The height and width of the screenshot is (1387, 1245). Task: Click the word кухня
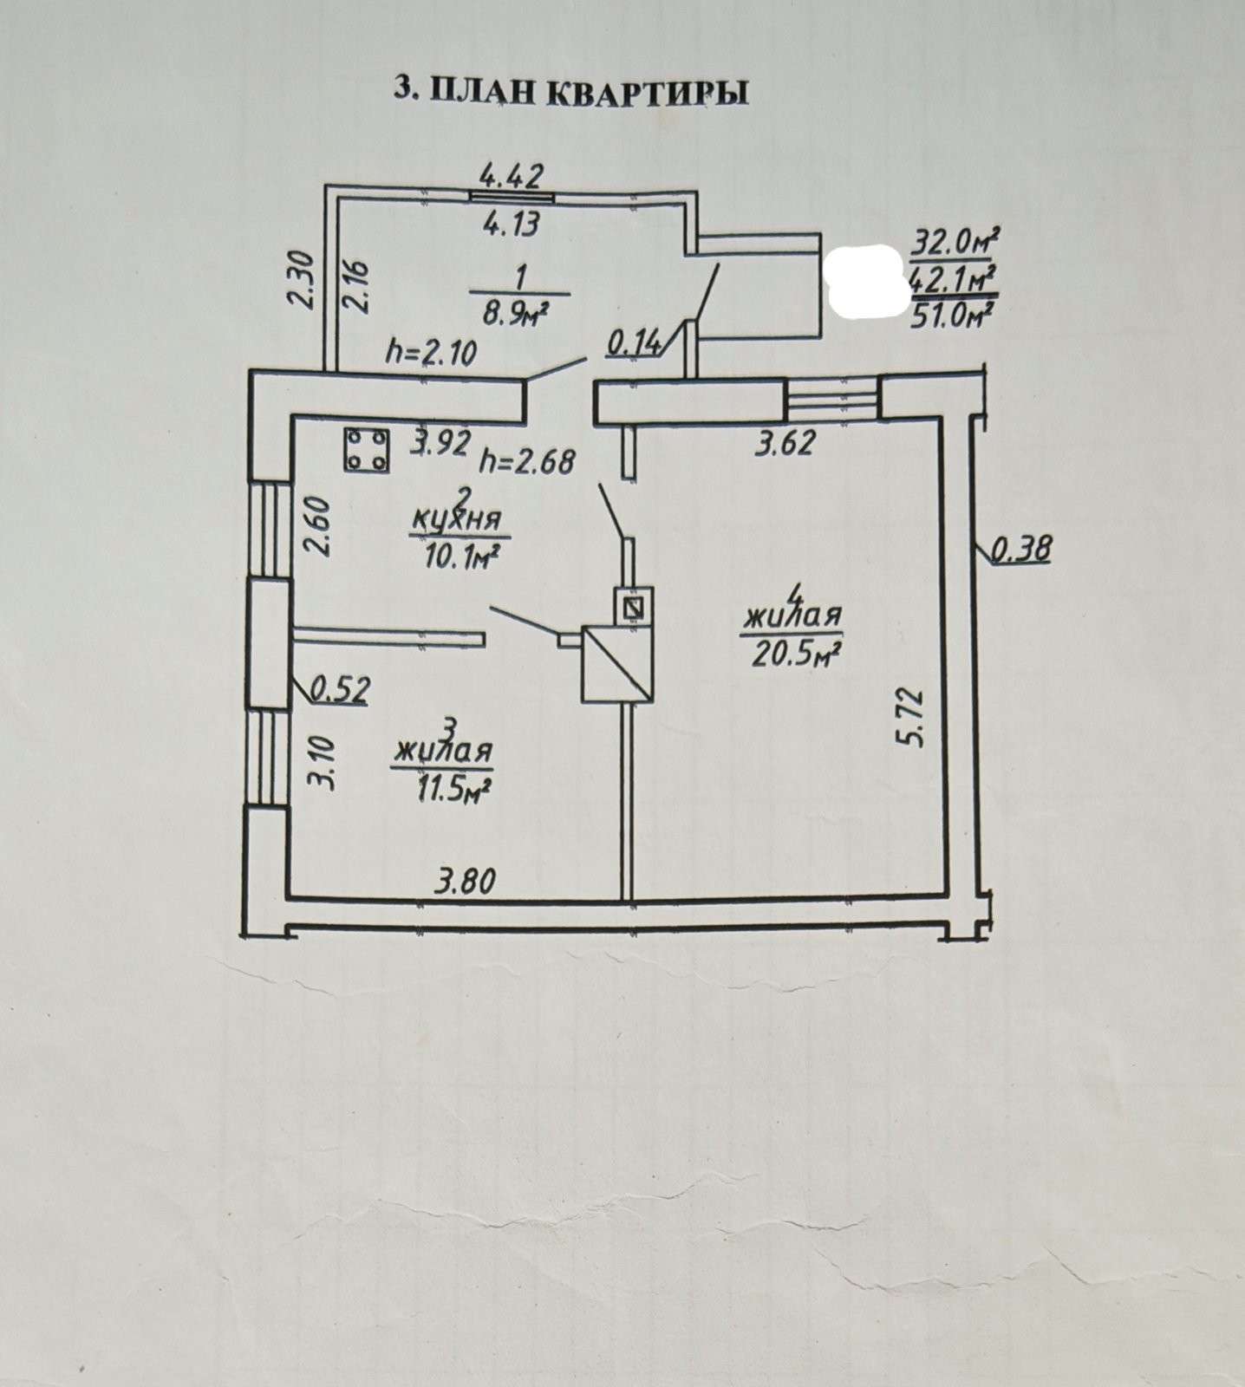[457, 520]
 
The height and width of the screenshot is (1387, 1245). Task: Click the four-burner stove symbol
[367, 451]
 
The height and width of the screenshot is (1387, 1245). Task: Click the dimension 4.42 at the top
[512, 176]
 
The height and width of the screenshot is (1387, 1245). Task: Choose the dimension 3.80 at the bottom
[466, 882]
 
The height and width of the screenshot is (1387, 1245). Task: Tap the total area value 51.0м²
[952, 312]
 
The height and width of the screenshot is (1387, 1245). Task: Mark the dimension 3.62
[785, 443]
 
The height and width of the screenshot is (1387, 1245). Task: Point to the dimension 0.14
[636, 345]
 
